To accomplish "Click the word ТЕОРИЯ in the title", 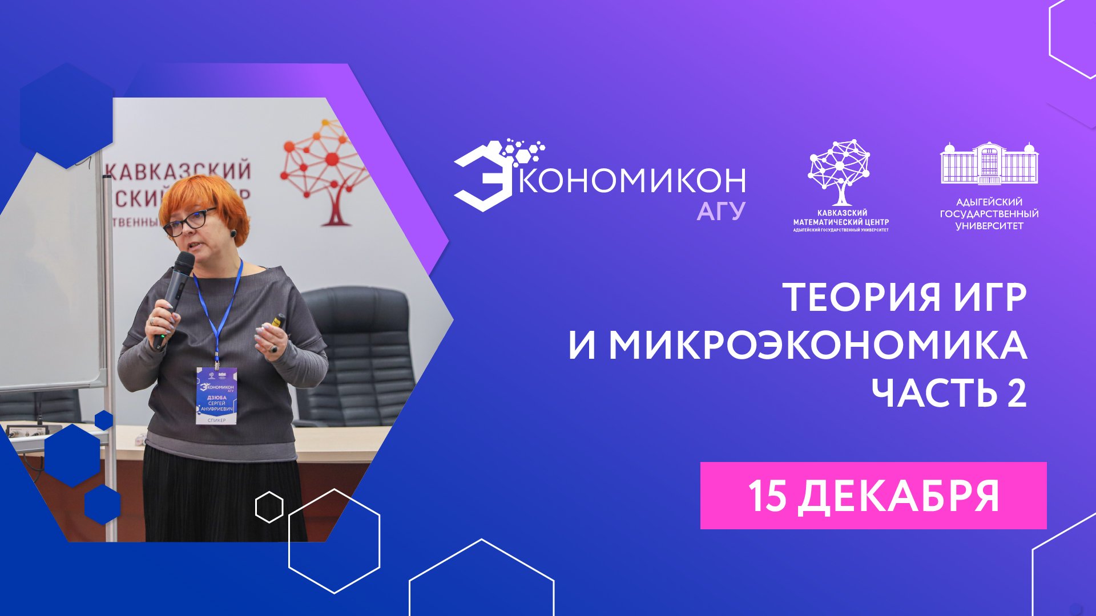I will tap(863, 297).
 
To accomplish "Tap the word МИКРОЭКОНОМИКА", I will tap(818, 345).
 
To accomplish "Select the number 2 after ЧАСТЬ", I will tap(1017, 393).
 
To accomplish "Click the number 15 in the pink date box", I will tap(768, 496).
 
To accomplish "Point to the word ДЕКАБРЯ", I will tap(898, 496).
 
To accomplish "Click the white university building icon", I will tap(989, 164).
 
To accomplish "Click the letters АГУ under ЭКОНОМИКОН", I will tap(721, 212).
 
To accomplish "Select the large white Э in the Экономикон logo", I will tap(482, 180).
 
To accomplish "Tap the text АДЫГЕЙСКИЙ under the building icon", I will tap(989, 202).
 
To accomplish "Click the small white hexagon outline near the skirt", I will tap(269, 506).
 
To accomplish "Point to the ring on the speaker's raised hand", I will tap(274, 348).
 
